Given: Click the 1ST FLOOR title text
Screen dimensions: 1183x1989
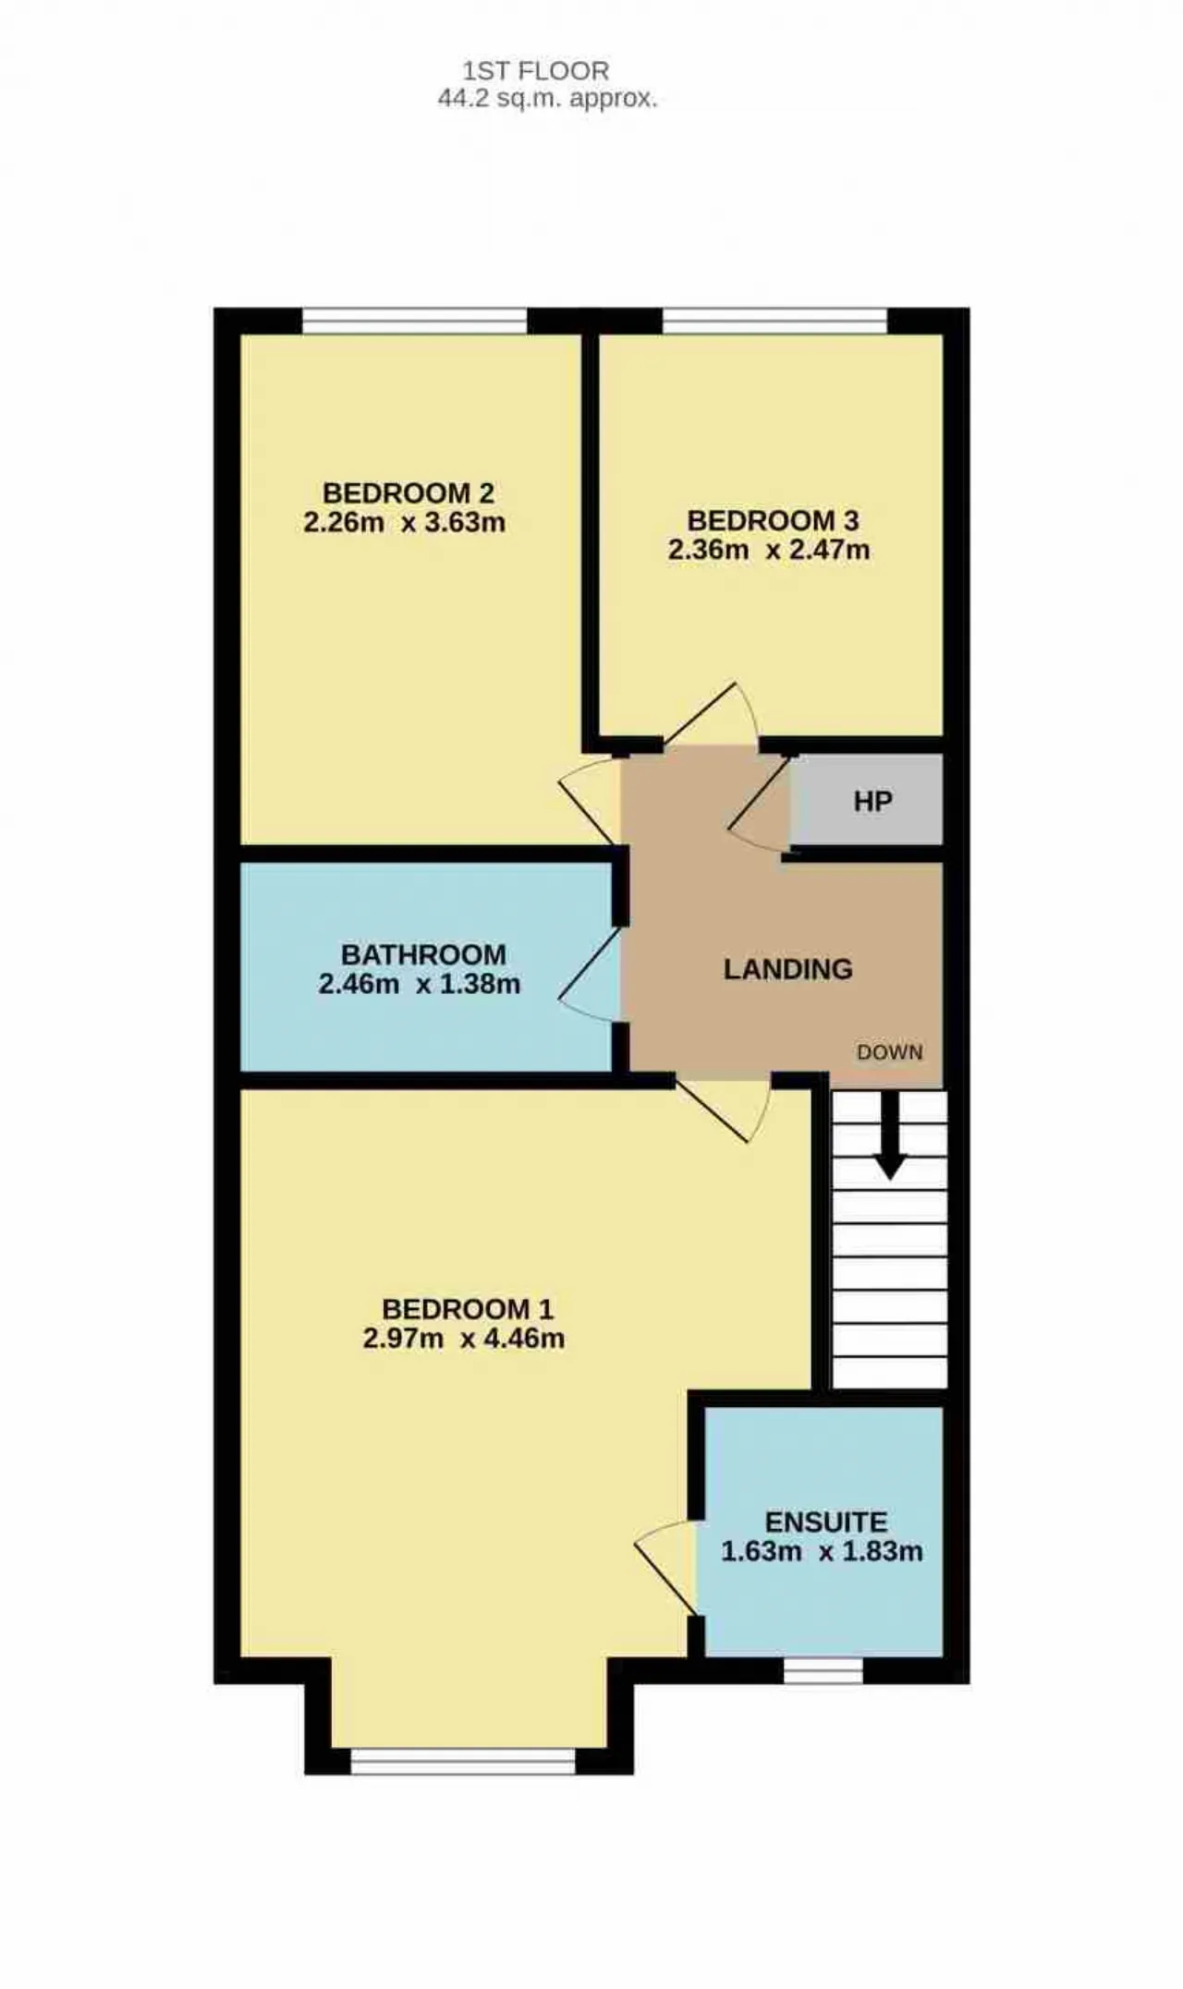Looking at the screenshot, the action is (536, 71).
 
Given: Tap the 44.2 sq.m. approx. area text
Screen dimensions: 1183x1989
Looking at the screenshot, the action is (547, 99).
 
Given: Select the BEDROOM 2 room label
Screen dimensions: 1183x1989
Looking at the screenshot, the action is (408, 492).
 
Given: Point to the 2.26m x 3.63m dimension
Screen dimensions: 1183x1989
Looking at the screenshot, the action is (404, 523).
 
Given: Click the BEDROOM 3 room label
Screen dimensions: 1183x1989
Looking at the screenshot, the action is (773, 520).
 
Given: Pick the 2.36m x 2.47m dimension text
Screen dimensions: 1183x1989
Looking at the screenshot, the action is (769, 551).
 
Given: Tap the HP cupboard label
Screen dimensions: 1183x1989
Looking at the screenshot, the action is (872, 801).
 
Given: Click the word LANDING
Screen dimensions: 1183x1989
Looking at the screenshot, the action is (787, 969).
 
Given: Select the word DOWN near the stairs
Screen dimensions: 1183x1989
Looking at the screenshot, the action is (889, 1052).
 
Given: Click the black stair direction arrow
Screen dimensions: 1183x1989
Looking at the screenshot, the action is (890, 1135).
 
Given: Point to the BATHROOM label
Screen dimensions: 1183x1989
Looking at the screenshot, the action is (423, 954).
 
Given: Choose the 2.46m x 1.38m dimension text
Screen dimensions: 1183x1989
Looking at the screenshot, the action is (420, 984).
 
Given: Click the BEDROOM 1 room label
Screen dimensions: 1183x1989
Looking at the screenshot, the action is (468, 1309).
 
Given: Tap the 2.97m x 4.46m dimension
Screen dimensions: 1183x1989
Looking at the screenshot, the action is (463, 1339).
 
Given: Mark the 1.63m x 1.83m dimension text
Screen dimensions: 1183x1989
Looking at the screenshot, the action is (822, 1551).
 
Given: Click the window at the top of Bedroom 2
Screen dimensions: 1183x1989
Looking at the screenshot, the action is (415, 321).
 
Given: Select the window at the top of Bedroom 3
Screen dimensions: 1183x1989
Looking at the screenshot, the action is (774, 321).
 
